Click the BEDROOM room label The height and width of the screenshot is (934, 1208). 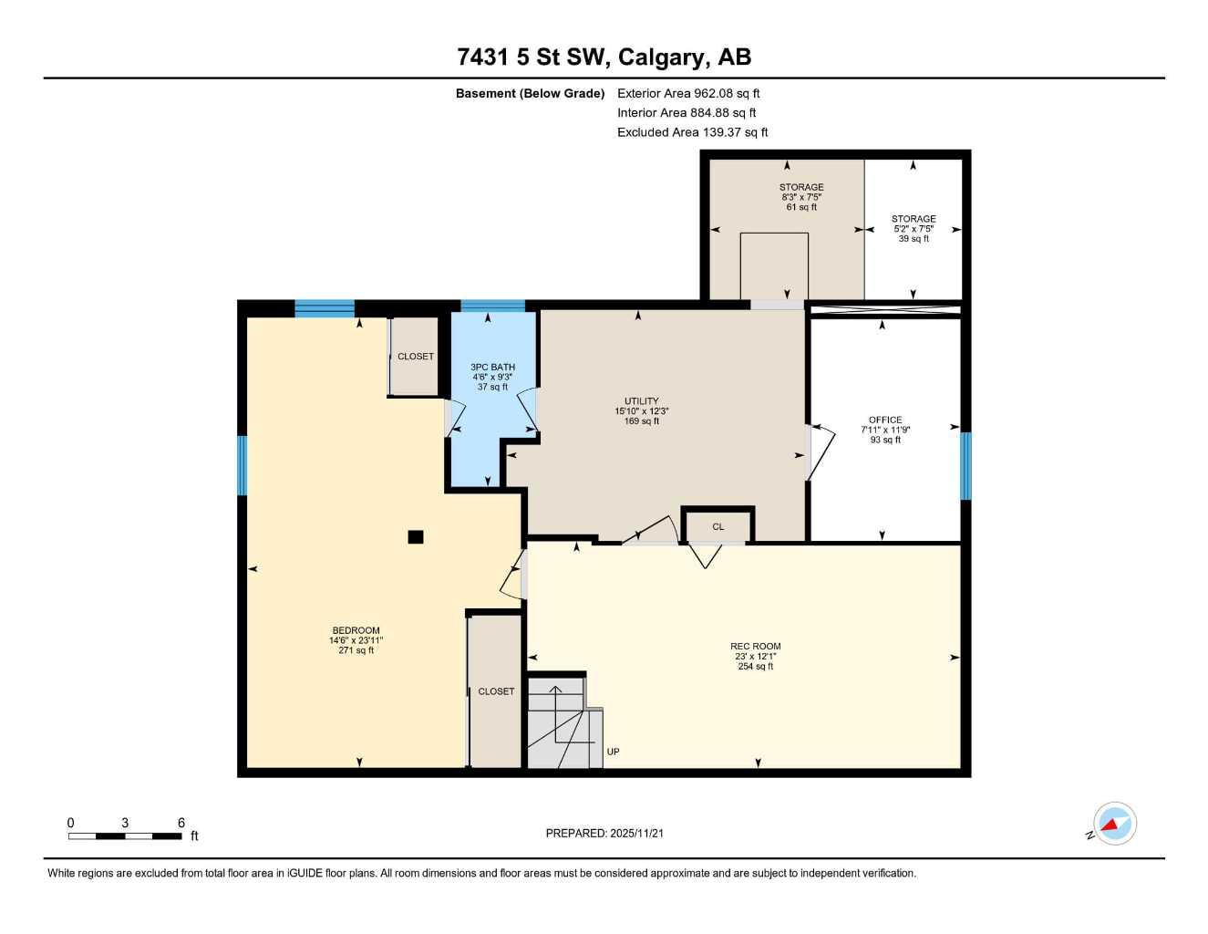(356, 631)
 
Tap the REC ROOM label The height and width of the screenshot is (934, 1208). (755, 647)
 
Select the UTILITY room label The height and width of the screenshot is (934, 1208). (641, 401)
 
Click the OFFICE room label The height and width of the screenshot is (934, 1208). (885, 420)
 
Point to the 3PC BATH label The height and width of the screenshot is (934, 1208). (492, 368)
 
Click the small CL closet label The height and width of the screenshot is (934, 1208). (718, 527)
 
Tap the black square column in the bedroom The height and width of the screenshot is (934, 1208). (416, 537)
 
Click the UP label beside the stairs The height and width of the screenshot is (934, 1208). (614, 752)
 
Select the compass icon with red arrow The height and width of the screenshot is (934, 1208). (1113, 825)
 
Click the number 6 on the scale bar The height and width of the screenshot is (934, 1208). (181, 823)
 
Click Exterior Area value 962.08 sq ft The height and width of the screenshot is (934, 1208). (727, 93)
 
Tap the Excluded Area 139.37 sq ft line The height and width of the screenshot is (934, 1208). (692, 132)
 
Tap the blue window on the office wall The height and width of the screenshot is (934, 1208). (966, 466)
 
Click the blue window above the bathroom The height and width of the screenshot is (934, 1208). (492, 306)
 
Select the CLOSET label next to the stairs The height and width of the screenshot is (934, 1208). (496, 691)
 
